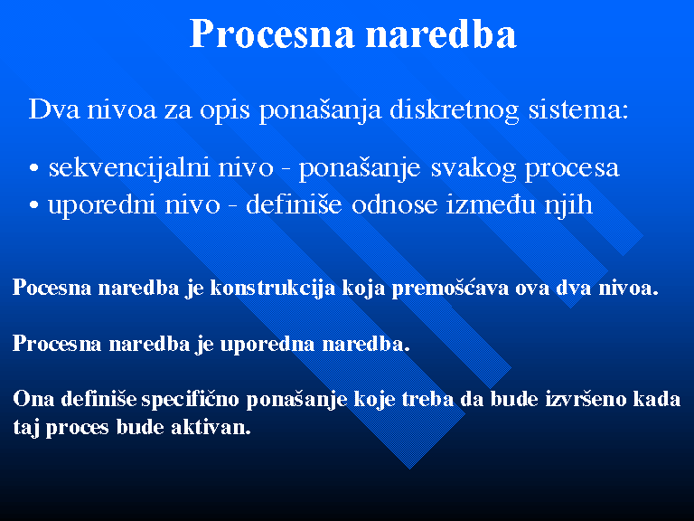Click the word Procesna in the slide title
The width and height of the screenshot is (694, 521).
pyautogui.click(x=272, y=33)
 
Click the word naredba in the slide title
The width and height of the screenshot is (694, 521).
pyautogui.click(x=441, y=33)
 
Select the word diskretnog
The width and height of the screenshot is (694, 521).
pyautogui.click(x=455, y=109)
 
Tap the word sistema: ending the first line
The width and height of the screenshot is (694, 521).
pyautogui.click(x=578, y=109)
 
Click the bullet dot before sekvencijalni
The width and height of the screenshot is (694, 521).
pyautogui.click(x=34, y=168)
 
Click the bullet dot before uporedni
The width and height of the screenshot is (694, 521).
pyautogui.click(x=34, y=205)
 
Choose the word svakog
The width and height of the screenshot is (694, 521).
pyautogui.click(x=474, y=168)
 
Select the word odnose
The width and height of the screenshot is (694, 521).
pyautogui.click(x=394, y=205)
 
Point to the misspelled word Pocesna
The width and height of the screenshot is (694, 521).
pyautogui.click(x=52, y=288)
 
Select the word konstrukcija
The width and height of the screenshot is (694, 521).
pyautogui.click(x=273, y=289)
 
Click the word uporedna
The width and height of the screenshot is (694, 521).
pyautogui.click(x=267, y=345)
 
